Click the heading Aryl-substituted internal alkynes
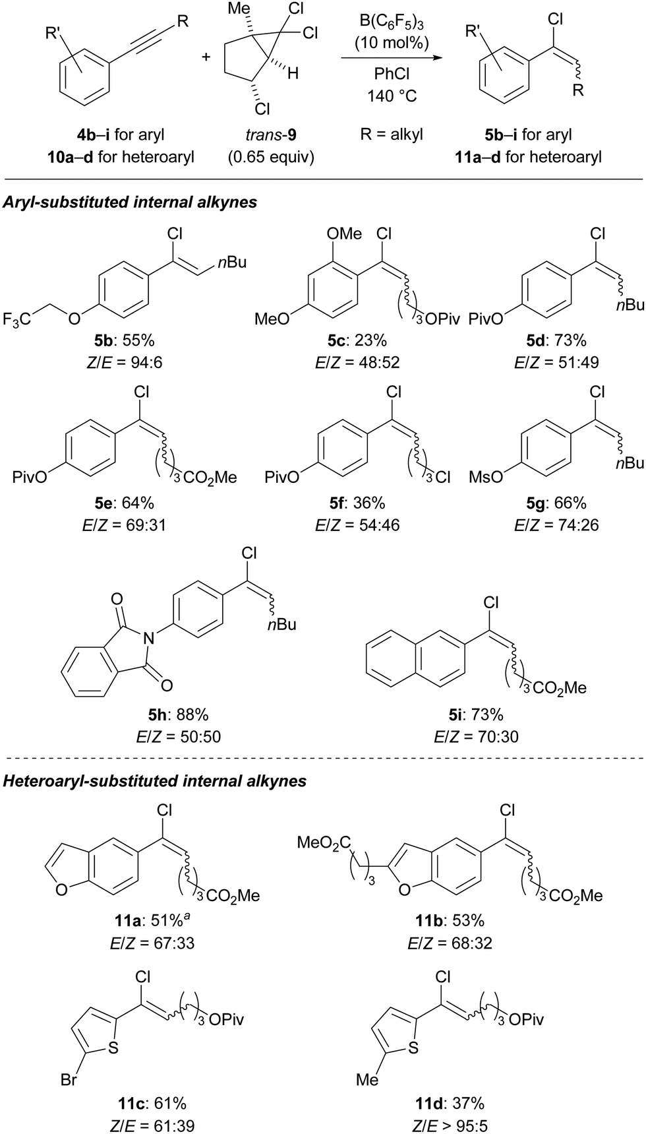pyautogui.click(x=131, y=203)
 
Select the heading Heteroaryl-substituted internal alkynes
pyautogui.click(x=155, y=781)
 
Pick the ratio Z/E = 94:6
pyautogui.click(x=125, y=362)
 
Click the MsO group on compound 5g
pyautogui.click(x=486, y=477)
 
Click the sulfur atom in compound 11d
pyautogui.click(x=413, y=1047)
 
